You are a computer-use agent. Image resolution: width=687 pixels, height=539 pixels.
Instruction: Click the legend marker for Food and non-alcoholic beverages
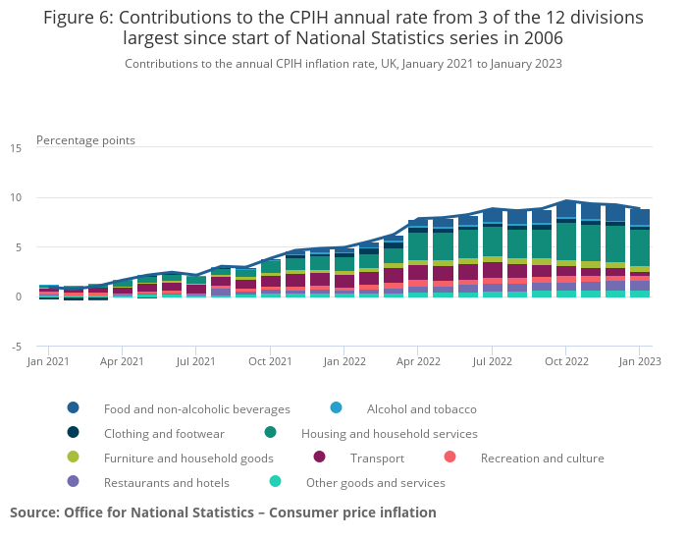click(x=74, y=408)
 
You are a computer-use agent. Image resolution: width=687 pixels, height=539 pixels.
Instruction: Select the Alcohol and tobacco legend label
click(x=421, y=408)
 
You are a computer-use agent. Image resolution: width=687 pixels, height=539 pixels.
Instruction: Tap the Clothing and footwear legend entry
click(x=164, y=433)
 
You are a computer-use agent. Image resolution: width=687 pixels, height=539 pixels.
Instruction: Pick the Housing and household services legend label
click(x=389, y=433)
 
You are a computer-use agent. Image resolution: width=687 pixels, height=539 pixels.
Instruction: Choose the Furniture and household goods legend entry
click(x=188, y=458)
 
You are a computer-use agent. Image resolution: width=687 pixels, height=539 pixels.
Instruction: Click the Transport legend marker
click(x=319, y=458)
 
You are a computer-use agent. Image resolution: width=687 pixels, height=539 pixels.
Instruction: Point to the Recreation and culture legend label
click(x=542, y=458)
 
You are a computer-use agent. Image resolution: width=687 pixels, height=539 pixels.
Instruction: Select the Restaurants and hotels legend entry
click(x=166, y=482)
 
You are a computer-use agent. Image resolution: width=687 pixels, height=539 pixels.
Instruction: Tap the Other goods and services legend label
click(x=375, y=482)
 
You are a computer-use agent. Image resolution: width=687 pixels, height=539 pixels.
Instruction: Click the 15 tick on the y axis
click(x=16, y=148)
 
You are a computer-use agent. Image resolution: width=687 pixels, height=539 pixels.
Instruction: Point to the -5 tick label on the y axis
click(x=16, y=347)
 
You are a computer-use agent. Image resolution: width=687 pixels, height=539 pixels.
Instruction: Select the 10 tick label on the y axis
click(x=16, y=198)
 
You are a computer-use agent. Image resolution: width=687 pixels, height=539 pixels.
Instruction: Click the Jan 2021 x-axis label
click(x=48, y=362)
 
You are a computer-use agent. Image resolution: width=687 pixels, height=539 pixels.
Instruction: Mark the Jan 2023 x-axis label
click(x=639, y=362)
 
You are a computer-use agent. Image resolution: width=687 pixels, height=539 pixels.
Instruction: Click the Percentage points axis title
click(x=85, y=140)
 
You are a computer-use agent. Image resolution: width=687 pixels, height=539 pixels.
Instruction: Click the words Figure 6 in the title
click(x=79, y=18)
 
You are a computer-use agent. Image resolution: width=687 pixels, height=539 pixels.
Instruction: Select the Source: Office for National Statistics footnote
click(x=223, y=512)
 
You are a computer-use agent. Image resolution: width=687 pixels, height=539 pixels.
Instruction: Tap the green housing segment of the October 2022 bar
click(x=565, y=242)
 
